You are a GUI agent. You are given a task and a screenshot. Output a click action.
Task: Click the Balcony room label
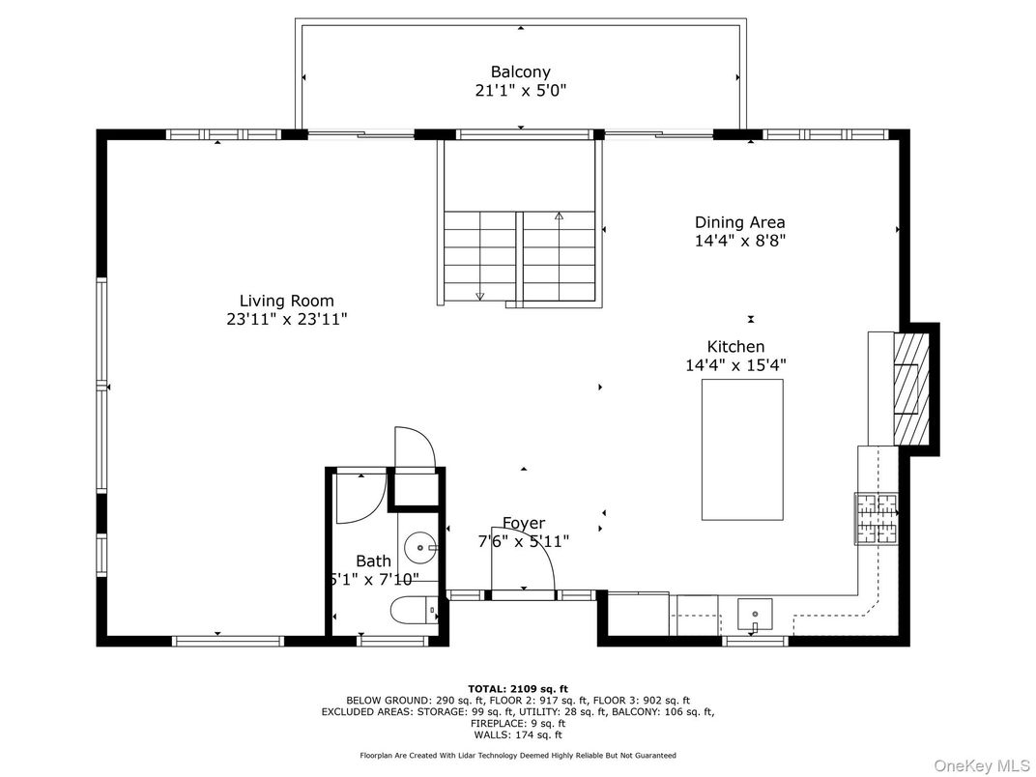(520, 72)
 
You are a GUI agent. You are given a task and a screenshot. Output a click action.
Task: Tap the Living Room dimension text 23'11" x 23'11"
(280, 320)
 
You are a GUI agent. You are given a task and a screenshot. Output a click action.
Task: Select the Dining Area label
(739, 222)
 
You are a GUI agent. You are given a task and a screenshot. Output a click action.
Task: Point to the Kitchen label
(735, 346)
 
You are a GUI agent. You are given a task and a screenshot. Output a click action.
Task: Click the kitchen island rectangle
(741, 449)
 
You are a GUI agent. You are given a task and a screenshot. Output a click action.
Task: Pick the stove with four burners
(876, 518)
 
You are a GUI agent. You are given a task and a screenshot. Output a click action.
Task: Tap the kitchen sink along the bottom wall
(755, 613)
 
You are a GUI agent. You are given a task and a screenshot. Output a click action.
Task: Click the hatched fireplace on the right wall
(908, 387)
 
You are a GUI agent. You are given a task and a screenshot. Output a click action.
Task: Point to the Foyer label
(523, 523)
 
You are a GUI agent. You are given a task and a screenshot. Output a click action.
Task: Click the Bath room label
(373, 561)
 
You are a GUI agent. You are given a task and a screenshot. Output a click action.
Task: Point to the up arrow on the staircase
(559, 217)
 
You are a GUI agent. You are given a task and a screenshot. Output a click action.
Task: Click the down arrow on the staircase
(479, 295)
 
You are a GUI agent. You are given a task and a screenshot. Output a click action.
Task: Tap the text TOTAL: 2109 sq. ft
(518, 688)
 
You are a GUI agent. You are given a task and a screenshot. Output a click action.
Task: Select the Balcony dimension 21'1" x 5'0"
(520, 91)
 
